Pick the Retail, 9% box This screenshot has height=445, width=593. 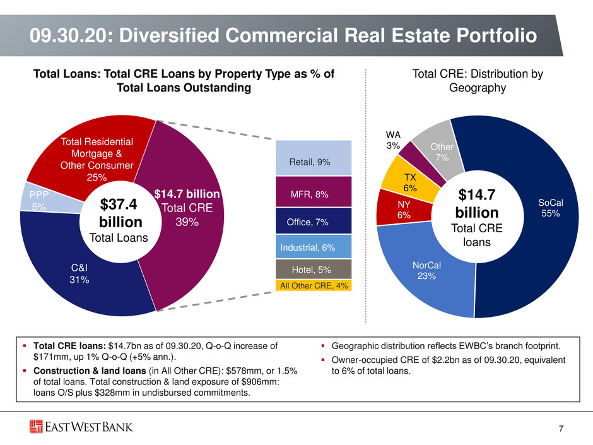[x=314, y=158]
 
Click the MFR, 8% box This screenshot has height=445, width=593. [x=314, y=191]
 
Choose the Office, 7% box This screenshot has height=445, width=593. [x=314, y=221]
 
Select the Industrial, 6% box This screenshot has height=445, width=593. [x=314, y=246]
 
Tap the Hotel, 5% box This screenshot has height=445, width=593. [x=314, y=269]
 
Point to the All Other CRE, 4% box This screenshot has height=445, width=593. [x=314, y=285]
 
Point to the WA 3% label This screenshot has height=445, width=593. [x=393, y=140]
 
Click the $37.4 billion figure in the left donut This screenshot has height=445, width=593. [x=120, y=213]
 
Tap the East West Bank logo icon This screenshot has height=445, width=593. [x=37, y=427]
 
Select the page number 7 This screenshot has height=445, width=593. [x=561, y=429]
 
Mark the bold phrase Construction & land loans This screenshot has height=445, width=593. [x=90, y=371]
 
